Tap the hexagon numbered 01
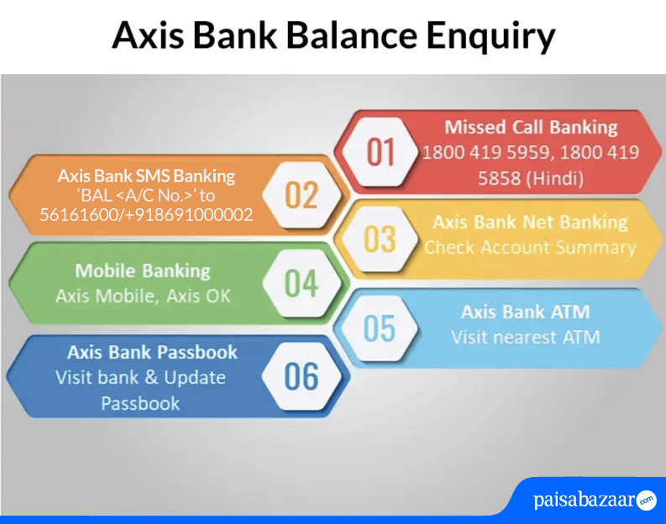pos(380,152)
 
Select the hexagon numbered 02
pos(302,195)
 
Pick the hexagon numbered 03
pos(380,239)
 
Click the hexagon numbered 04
pos(302,283)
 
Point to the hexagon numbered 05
pos(380,327)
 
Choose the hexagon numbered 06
pos(302,376)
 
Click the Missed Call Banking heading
pos(531,128)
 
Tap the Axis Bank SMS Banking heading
pos(146,176)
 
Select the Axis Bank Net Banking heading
pos(530,222)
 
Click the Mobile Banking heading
pos(143,271)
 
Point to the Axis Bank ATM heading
pos(526,312)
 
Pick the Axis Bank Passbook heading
pos(152,353)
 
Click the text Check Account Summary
pos(530,247)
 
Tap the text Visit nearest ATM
pos(526,338)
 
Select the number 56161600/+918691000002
pos(146,214)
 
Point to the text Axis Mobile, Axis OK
pos(143,296)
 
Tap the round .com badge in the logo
pos(646,500)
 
